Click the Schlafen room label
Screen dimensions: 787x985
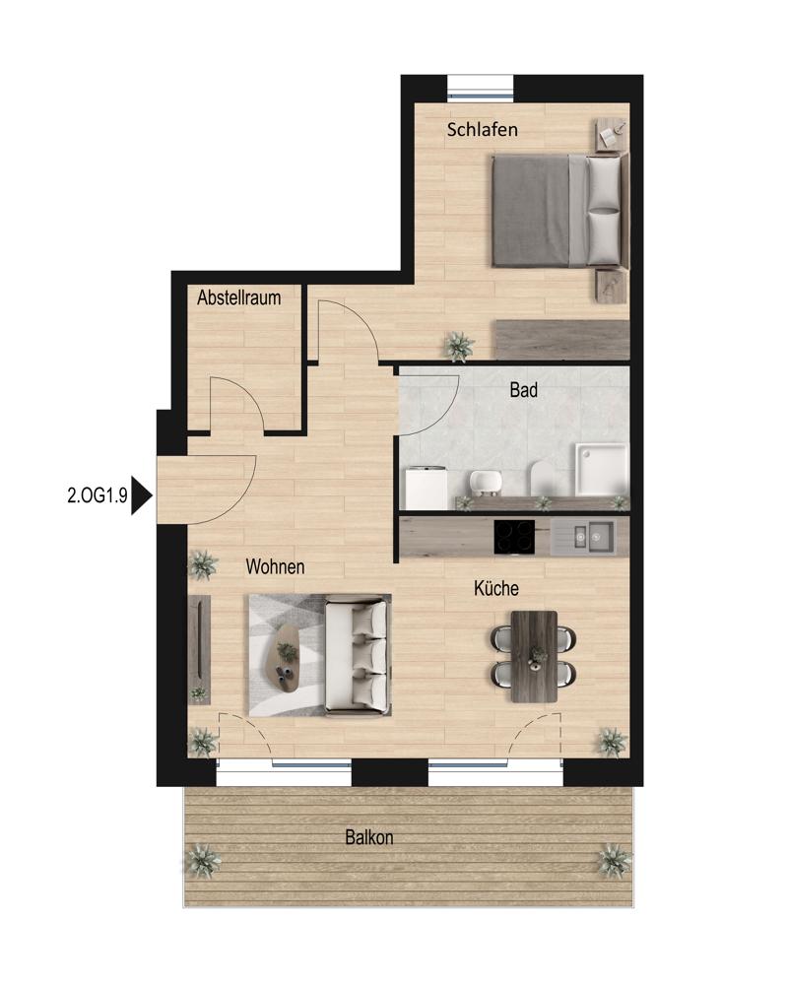[x=483, y=130]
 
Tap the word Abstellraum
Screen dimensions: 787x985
[x=238, y=297]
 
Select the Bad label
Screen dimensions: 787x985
[x=523, y=390]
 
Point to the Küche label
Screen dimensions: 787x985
[x=496, y=589]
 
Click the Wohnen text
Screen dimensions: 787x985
[x=275, y=566]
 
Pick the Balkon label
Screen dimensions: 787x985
[x=369, y=837]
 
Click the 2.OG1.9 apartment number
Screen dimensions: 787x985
[x=98, y=495]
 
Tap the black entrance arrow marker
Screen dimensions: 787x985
[x=141, y=496]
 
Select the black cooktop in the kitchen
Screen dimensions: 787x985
[x=514, y=537]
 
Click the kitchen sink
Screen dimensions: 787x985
[x=590, y=537]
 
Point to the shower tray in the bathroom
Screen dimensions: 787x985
[x=601, y=469]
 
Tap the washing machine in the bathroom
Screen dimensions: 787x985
[x=426, y=488]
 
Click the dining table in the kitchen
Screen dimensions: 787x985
[x=535, y=656]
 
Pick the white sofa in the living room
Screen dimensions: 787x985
[x=357, y=656]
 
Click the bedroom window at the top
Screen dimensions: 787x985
[x=480, y=87]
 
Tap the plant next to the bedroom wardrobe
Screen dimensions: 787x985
[x=459, y=346]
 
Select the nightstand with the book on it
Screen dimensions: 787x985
[x=612, y=135]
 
